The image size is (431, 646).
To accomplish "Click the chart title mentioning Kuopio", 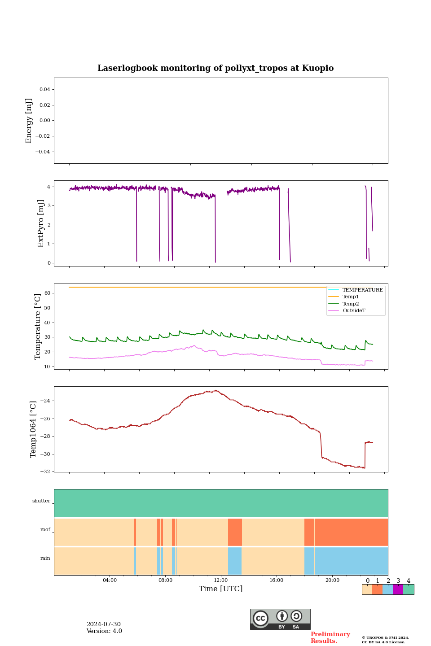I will (x=215, y=68).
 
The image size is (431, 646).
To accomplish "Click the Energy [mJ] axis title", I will (x=29, y=121).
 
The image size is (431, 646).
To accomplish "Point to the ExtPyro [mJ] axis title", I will (x=41, y=223).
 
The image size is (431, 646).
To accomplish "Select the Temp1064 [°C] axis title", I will (x=33, y=429).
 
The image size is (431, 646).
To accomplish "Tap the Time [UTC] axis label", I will (x=220, y=589).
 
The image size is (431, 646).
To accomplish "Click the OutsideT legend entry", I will (x=354, y=310).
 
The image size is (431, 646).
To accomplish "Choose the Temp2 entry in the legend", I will (x=351, y=304).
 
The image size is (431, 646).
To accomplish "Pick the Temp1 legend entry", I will (x=351, y=297).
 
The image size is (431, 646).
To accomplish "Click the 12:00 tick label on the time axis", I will (x=221, y=580).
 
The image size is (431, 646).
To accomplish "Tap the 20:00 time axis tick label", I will (x=332, y=580).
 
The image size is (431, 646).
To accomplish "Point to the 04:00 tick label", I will (x=110, y=580).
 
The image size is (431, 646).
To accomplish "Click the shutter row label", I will (x=41, y=501).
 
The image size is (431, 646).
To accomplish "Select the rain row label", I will (x=45, y=558).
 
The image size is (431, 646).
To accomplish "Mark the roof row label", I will (x=45, y=529).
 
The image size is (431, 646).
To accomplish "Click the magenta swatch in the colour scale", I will (x=398, y=589).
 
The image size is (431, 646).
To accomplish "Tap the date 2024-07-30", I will (x=104, y=624).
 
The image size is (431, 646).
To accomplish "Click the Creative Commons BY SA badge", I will (x=280, y=619).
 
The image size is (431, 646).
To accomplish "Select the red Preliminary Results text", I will (x=330, y=637).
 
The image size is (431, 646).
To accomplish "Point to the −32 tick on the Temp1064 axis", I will (x=47, y=471).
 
